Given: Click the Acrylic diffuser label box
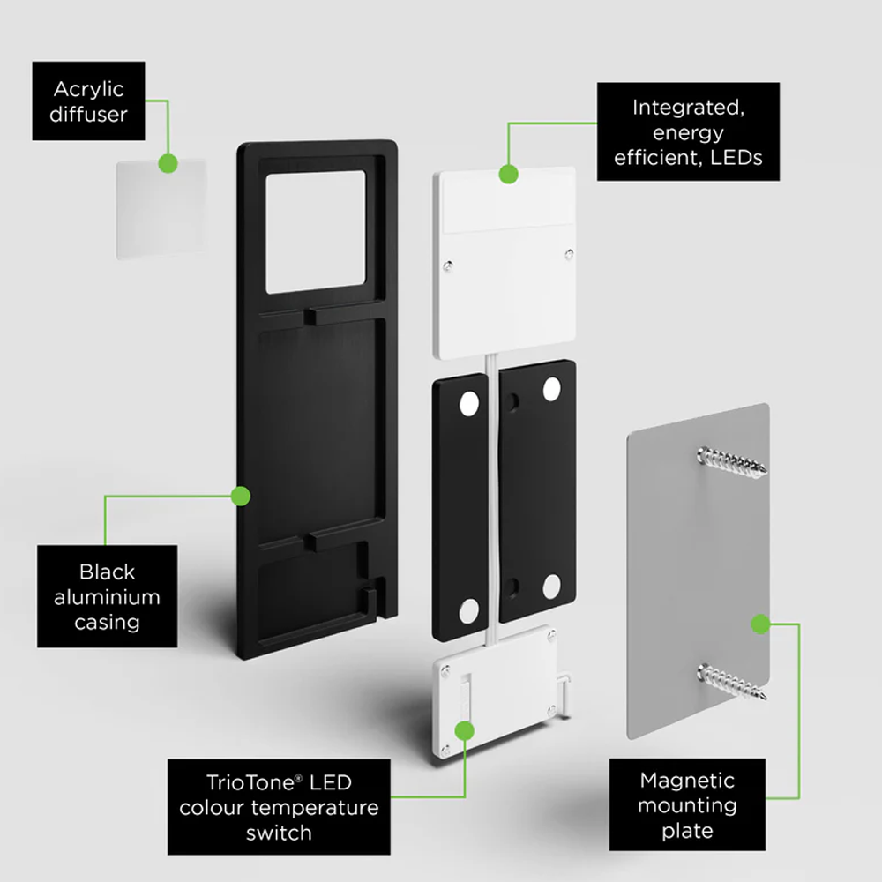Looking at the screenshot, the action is (88, 101).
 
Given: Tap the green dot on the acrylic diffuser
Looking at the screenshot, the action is (168, 164).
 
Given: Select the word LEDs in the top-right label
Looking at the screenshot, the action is (736, 158).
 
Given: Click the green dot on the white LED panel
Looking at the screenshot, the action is (509, 174).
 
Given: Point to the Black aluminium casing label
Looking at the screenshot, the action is (107, 596).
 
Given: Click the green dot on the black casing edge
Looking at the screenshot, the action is (240, 496).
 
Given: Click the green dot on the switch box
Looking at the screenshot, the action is (464, 730).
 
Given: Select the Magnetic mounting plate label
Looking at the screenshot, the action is (687, 805).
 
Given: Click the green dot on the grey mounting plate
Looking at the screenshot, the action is (760, 624).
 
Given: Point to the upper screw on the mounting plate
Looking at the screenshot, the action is (731, 461).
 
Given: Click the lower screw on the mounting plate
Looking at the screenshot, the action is (732, 681).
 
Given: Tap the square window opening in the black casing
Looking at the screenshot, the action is (316, 232).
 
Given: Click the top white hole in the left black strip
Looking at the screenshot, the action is (469, 404).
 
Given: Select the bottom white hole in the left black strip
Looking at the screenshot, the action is (469, 611).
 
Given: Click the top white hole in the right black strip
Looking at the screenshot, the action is (552, 389).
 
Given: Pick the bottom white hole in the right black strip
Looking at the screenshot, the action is (552, 587).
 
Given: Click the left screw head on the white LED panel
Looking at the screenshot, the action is (448, 266).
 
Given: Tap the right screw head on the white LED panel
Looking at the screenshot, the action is (569, 254).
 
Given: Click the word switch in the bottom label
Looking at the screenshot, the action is (279, 833).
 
